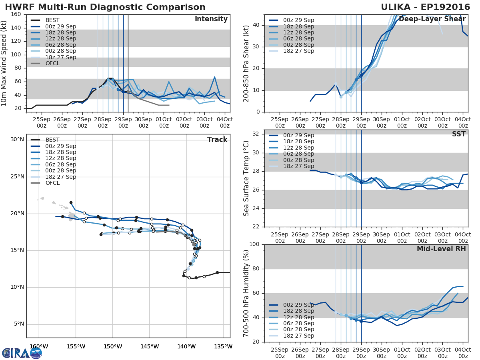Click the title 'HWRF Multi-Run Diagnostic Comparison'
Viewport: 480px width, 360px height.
tap(105, 7)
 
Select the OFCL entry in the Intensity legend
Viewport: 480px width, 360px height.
tap(53, 64)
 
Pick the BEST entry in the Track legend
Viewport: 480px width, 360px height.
tap(52, 140)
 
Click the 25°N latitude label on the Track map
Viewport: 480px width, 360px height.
tap(17, 177)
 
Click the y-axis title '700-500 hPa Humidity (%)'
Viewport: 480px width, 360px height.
tap(246, 293)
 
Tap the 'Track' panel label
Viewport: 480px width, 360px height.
tap(217, 140)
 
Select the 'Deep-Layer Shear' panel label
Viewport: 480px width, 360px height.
tap(432, 19)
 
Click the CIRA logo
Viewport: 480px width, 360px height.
tap(22, 353)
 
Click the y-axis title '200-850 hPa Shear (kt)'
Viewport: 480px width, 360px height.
tap(246, 63)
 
